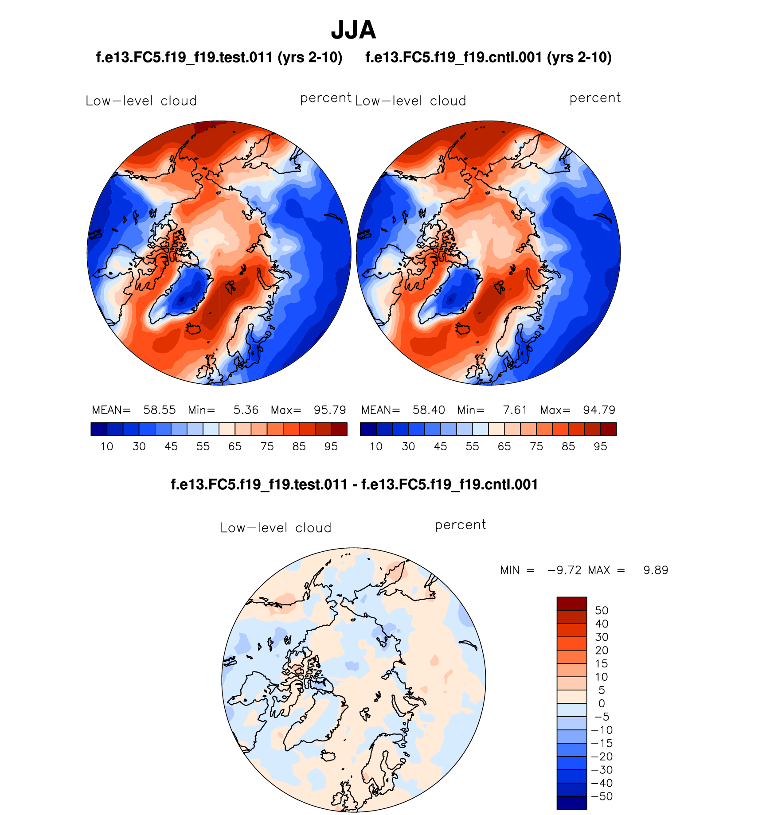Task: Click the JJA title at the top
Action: coord(353,30)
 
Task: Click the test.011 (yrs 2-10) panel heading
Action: coord(219,58)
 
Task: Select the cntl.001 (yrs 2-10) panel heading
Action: coord(488,58)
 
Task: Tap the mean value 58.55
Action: coord(159,410)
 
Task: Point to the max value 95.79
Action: coord(330,410)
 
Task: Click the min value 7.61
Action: coord(515,410)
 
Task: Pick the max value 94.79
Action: coord(599,410)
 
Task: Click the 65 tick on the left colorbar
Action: coord(235,447)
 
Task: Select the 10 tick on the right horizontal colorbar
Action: coord(376,447)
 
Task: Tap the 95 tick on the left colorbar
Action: coord(331,447)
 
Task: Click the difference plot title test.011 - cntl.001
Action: coord(354,484)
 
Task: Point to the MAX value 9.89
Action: coord(656,570)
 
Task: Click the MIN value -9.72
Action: coord(564,570)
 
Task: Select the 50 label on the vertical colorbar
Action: coord(602,611)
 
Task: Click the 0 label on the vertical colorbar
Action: coord(602,703)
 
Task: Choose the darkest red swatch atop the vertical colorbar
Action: coord(571,604)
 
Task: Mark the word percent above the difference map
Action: coord(460,525)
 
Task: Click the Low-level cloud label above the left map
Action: coord(141,101)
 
